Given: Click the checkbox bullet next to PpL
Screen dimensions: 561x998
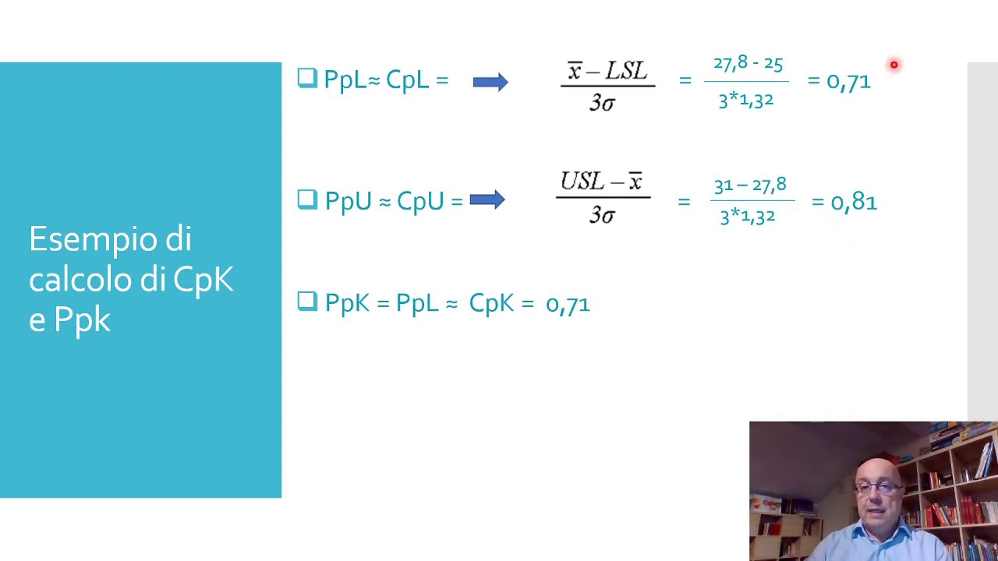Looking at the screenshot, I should (307, 78).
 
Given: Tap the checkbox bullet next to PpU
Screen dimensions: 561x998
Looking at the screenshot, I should (307, 199).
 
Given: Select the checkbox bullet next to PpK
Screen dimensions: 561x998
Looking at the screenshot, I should (307, 302).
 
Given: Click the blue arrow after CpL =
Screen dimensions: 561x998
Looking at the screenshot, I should (490, 81).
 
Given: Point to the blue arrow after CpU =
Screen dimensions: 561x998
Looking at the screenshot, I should (487, 200).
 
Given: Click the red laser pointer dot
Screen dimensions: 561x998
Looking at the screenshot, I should (894, 65).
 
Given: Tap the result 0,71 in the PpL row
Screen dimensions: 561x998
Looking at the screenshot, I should (848, 81).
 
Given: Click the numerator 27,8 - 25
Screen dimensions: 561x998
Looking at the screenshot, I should (748, 64).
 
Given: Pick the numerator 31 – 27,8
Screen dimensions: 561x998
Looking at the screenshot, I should (750, 185).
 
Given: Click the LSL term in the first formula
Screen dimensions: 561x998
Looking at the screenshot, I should (626, 72).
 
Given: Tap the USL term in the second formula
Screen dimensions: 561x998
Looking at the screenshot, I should (582, 182).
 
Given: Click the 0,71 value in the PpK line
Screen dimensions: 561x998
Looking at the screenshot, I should (568, 304).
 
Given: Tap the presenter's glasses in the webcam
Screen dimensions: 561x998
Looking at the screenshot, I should (877, 489).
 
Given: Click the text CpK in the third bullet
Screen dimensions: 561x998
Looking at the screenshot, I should (491, 303).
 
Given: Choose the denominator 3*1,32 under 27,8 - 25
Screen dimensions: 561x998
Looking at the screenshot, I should (746, 100).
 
